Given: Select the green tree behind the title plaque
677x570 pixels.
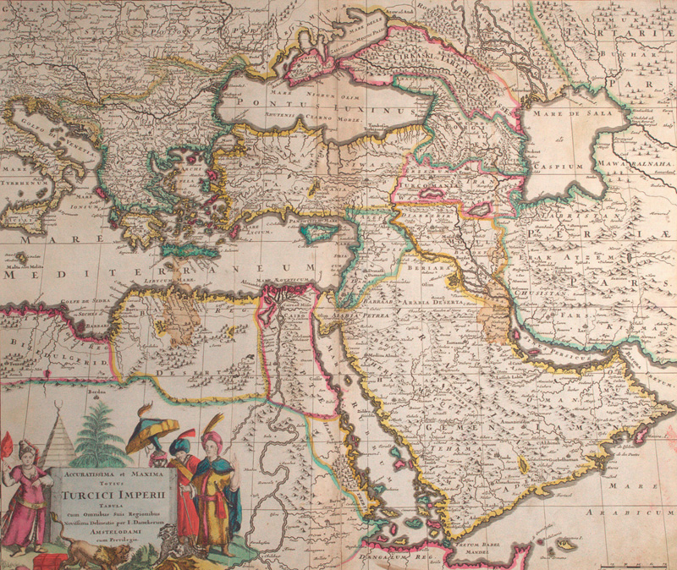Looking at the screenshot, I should click(x=99, y=433).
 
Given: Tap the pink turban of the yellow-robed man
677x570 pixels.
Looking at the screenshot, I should click(x=212, y=441).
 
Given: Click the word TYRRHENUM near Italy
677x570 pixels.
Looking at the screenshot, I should click(x=25, y=181).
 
